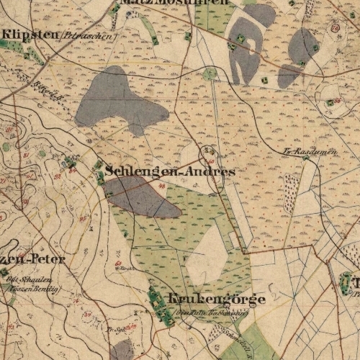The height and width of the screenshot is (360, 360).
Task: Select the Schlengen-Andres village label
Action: (170, 172)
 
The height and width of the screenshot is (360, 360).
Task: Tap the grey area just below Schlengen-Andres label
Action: (144, 198)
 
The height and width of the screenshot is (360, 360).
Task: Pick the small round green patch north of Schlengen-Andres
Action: (209, 73)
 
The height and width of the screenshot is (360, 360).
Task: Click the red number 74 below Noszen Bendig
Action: (12, 302)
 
